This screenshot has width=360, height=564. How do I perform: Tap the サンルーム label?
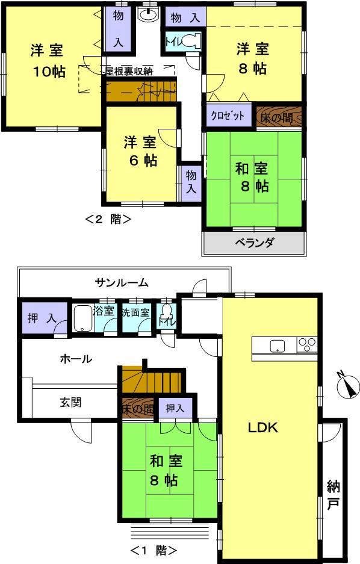122,282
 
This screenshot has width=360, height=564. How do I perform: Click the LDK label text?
262,428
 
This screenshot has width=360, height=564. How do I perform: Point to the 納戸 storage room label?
332,494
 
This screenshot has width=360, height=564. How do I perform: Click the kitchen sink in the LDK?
278,345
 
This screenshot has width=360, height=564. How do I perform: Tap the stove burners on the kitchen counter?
307,345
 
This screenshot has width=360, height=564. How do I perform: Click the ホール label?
76,359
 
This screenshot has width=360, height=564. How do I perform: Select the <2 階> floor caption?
109,219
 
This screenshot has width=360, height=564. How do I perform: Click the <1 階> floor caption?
154,550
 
